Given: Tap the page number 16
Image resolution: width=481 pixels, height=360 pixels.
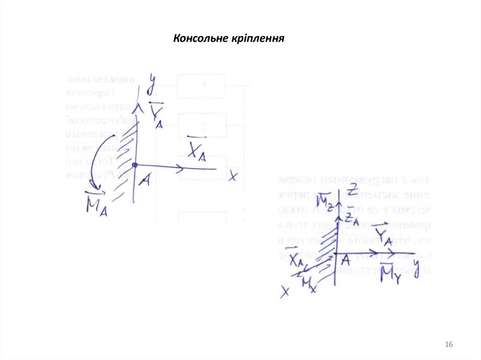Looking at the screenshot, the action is point(449,345).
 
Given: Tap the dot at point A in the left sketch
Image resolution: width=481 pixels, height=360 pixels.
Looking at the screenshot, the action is point(134,165).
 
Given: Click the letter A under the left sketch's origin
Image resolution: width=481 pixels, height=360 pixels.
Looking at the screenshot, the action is point(145,180).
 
